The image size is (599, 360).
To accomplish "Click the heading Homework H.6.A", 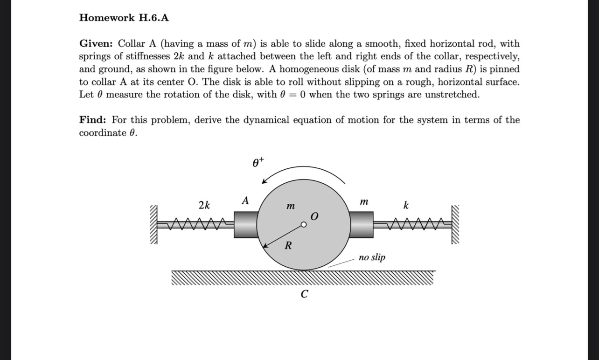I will click(x=124, y=18).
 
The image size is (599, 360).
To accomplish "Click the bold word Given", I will click(x=97, y=44).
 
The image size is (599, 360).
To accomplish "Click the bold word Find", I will click(x=94, y=120).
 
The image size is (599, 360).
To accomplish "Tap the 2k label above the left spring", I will click(x=204, y=205).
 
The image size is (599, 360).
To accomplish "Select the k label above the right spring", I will click(x=406, y=205).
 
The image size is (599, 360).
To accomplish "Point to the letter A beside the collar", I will click(x=245, y=201).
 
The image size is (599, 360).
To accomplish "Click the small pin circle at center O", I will click(x=304, y=225).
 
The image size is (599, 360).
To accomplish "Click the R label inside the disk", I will click(x=288, y=246).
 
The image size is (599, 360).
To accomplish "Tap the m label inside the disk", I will click(x=290, y=206).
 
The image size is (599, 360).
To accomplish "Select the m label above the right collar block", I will click(x=364, y=201).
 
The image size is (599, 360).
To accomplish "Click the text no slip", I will click(x=372, y=257).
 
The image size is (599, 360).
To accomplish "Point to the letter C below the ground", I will click(x=305, y=294).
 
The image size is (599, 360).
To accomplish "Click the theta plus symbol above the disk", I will click(x=258, y=163).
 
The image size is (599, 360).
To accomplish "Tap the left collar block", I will click(x=245, y=225).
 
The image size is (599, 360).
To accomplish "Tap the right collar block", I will click(x=362, y=225).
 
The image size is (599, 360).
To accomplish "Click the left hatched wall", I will click(x=153, y=225).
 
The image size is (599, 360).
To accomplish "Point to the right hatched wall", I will click(x=455, y=225).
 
